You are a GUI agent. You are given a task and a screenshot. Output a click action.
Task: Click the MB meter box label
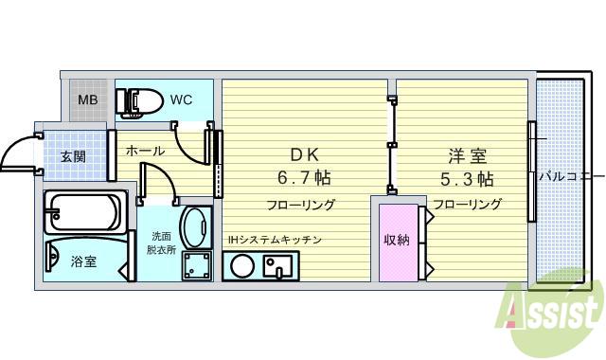tap(87, 99)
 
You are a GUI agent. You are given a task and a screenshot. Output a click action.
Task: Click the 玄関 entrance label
tap(73, 156)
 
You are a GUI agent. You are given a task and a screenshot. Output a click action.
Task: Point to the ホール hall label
tap(145, 151)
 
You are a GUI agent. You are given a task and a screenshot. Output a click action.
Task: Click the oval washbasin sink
tap(197, 228)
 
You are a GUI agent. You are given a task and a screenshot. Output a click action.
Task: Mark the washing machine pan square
tap(197, 266)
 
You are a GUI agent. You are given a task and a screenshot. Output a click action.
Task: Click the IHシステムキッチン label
tap(274, 241)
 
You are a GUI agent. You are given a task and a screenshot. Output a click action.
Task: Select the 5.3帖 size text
tap(465, 177)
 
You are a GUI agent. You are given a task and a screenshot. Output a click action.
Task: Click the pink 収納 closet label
tap(396, 241)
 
